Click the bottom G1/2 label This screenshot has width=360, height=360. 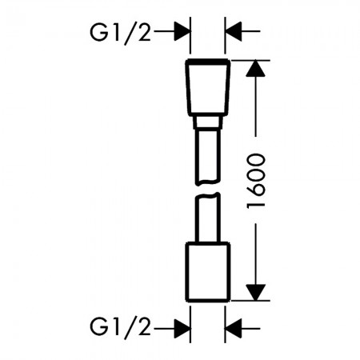121,328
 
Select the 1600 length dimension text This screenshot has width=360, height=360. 256,181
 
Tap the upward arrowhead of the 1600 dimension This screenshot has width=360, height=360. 256,69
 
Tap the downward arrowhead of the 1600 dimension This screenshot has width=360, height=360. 256,293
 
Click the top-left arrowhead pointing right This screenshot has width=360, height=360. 182,31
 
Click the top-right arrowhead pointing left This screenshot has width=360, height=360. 234,31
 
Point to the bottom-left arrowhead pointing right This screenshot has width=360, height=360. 182,329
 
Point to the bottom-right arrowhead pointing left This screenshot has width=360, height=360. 234,329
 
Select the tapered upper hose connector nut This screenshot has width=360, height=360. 208,87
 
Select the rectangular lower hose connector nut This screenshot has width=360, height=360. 208,272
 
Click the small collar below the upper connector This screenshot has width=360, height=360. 208,122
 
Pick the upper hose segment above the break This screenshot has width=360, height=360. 208,158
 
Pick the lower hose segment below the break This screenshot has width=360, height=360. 208,218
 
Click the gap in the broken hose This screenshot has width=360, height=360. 208,189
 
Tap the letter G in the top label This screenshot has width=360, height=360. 98,32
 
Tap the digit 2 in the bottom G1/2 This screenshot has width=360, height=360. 145,327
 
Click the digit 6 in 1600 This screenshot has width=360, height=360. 256,190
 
